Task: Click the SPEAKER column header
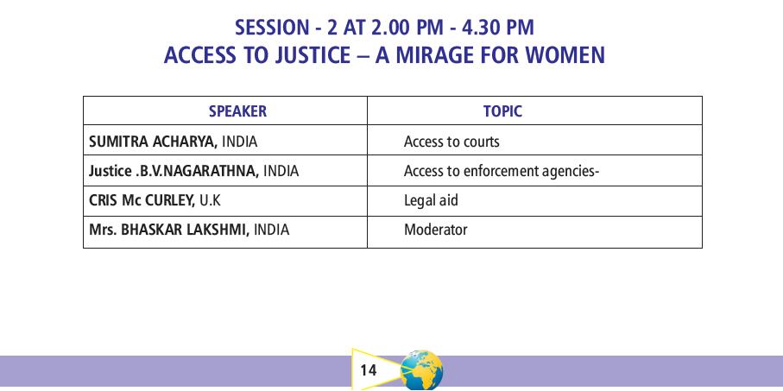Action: click(237, 110)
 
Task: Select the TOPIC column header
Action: click(502, 110)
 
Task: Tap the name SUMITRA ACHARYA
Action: click(154, 142)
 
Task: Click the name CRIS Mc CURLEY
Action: click(142, 201)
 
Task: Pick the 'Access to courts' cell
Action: click(451, 142)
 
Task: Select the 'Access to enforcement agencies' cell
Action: click(502, 171)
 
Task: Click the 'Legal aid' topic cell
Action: click(431, 201)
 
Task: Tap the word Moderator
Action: click(435, 230)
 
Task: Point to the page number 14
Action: click(368, 370)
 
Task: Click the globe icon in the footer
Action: click(421, 370)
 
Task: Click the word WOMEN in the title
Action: click(565, 55)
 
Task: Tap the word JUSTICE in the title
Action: click(313, 55)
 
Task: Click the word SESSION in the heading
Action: click(272, 28)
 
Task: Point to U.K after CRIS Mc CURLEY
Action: click(210, 201)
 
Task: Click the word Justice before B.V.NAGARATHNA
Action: click(111, 171)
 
